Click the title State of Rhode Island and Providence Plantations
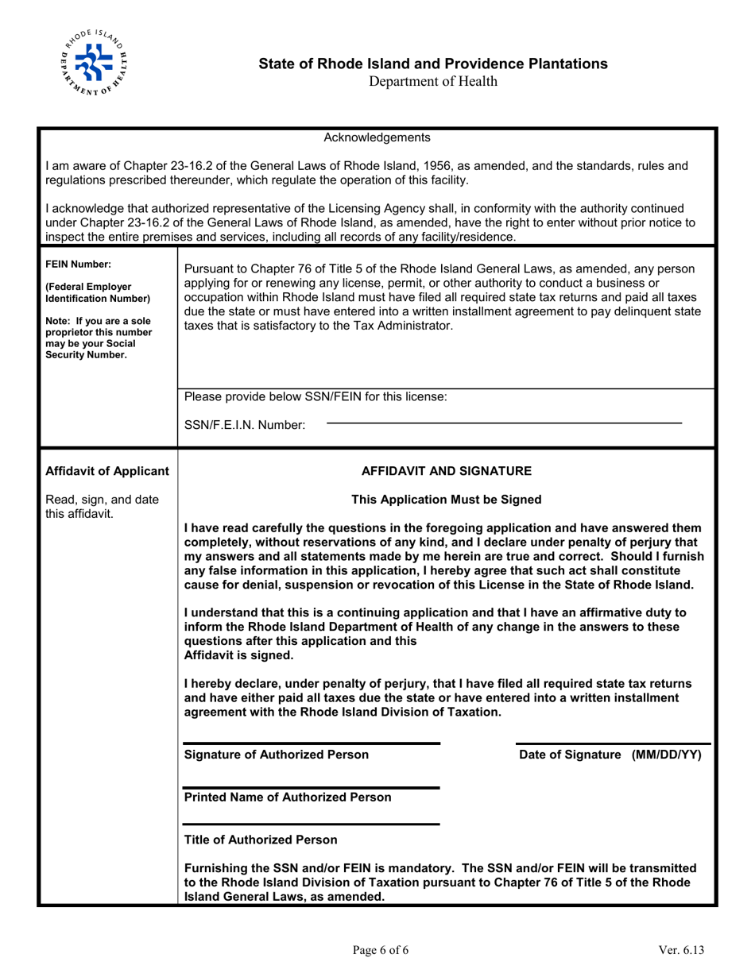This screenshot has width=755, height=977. click(434, 64)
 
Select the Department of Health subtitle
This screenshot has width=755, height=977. click(434, 80)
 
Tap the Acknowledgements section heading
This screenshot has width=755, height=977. click(377, 137)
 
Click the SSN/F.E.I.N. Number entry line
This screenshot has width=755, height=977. click(504, 422)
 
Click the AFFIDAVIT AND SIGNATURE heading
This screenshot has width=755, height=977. click(446, 471)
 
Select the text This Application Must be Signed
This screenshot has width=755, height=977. click(446, 500)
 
